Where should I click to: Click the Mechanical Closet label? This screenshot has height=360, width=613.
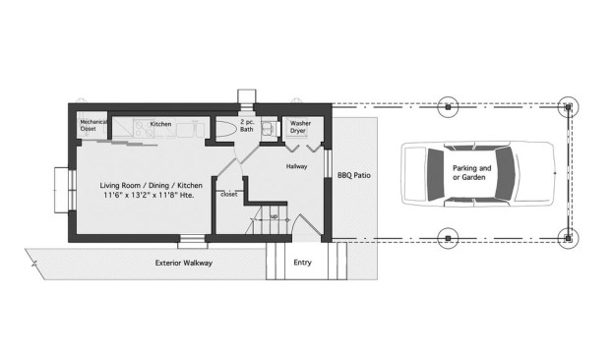tap(93, 125)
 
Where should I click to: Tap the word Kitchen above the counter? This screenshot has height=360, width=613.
tap(160, 124)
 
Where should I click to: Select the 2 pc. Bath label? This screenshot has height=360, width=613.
tap(247, 125)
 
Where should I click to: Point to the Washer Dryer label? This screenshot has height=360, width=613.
tap(300, 127)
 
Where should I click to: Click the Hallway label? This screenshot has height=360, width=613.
tap(296, 166)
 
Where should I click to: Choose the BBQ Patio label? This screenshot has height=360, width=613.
tap(354, 175)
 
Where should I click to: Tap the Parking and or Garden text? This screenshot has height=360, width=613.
tap(471, 172)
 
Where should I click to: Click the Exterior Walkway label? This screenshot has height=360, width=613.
tap(184, 263)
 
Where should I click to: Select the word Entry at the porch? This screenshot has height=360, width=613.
tap(302, 263)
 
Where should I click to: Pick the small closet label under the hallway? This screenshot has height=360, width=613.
tap(228, 194)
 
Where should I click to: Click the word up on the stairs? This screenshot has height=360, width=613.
tap(275, 216)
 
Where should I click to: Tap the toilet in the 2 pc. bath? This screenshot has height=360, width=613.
tap(226, 129)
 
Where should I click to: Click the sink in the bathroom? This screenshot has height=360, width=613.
tap(269, 128)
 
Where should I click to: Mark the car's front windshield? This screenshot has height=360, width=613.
tap(506, 173)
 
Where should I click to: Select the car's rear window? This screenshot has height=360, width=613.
tap(436, 174)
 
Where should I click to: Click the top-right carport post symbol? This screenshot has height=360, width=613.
tap(568, 106)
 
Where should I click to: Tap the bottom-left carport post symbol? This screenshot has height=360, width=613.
tap(448, 238)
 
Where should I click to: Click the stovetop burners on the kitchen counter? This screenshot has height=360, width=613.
tap(143, 128)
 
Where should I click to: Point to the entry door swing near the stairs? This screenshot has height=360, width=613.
tap(308, 225)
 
